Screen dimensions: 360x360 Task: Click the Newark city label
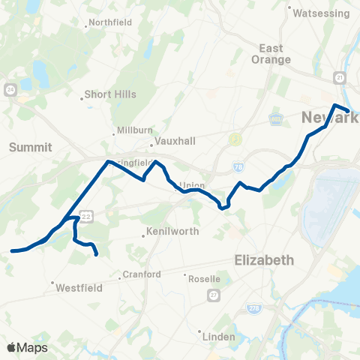329,118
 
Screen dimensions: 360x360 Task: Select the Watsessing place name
321,13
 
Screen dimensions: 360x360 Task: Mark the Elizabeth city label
263,260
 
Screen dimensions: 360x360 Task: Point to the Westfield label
73,286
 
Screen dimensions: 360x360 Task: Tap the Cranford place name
142,274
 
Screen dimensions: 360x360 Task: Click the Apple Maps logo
27,347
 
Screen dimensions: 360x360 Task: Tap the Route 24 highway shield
10,91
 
